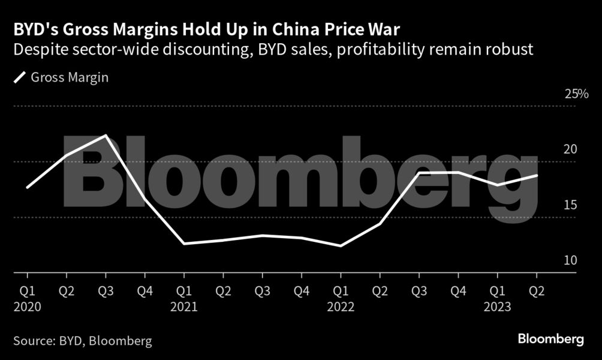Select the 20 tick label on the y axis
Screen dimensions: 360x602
[x=570, y=149]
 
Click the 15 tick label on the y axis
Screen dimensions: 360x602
[x=570, y=205]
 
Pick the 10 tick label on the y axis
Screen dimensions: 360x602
[x=570, y=260]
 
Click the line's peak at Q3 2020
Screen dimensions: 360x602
[x=106, y=136]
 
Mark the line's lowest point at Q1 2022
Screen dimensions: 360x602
[x=341, y=246]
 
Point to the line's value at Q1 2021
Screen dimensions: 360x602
[x=184, y=244]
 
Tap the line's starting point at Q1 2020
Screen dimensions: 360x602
[x=28, y=187]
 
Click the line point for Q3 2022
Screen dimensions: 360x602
[x=419, y=173]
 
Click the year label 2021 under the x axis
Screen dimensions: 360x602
[x=184, y=307]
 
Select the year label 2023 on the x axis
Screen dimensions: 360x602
[x=497, y=307]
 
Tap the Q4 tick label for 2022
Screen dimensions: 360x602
[x=458, y=291]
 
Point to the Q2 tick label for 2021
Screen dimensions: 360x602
[x=223, y=291]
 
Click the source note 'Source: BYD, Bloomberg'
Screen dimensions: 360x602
[x=83, y=341]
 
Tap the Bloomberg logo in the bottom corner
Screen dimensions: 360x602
[x=550, y=340]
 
